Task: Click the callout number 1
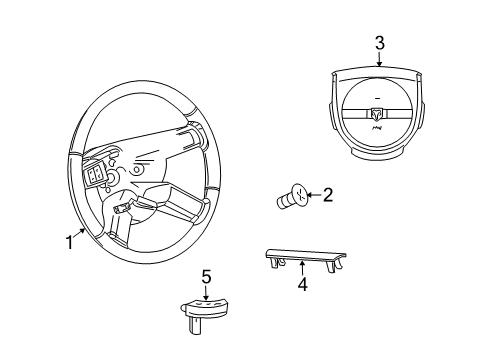(69, 241)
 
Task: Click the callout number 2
(327, 195)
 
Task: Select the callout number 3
(379, 42)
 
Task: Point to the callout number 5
(206, 275)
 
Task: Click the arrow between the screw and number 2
(311, 196)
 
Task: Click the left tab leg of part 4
(271, 262)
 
